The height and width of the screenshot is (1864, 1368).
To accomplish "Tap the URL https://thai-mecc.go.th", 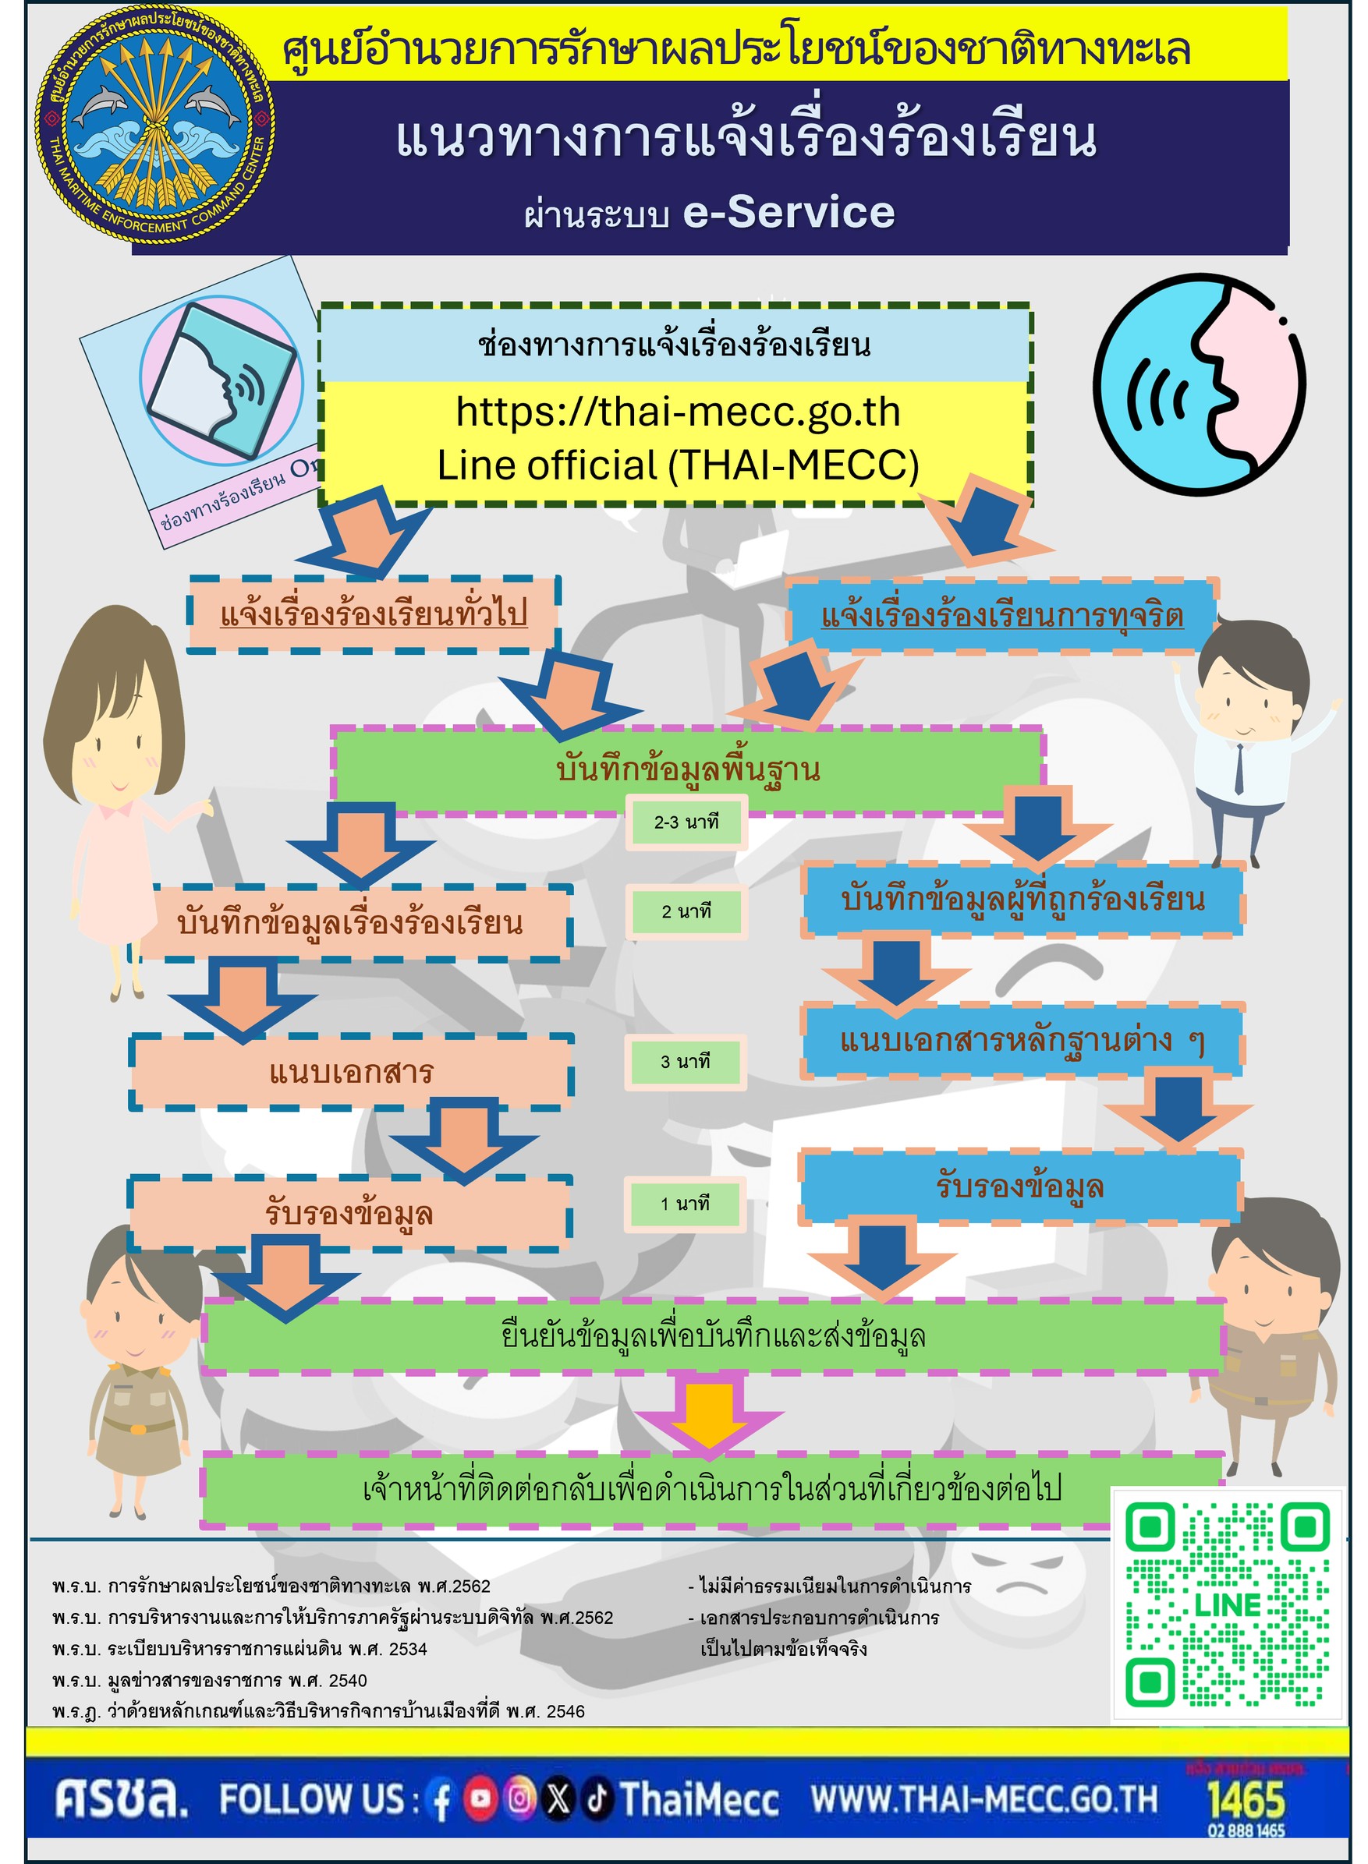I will (x=678, y=412).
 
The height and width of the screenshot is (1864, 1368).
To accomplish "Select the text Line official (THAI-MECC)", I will (x=678, y=465).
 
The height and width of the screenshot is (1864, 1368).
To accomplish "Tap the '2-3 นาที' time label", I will (x=686, y=822).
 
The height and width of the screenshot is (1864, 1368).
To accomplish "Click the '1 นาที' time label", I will (x=685, y=1204).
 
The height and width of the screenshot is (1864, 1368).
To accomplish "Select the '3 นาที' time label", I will (x=685, y=1061).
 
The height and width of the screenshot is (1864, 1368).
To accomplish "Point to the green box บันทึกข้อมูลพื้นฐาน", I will (x=687, y=769).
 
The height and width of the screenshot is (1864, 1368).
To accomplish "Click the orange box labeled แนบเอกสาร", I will (x=351, y=1072).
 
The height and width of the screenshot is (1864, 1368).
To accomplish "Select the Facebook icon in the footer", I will (x=441, y=1800).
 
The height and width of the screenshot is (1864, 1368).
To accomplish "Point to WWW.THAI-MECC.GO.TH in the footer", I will (x=983, y=1799).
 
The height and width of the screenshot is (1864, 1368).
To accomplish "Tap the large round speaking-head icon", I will (x=1199, y=384).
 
